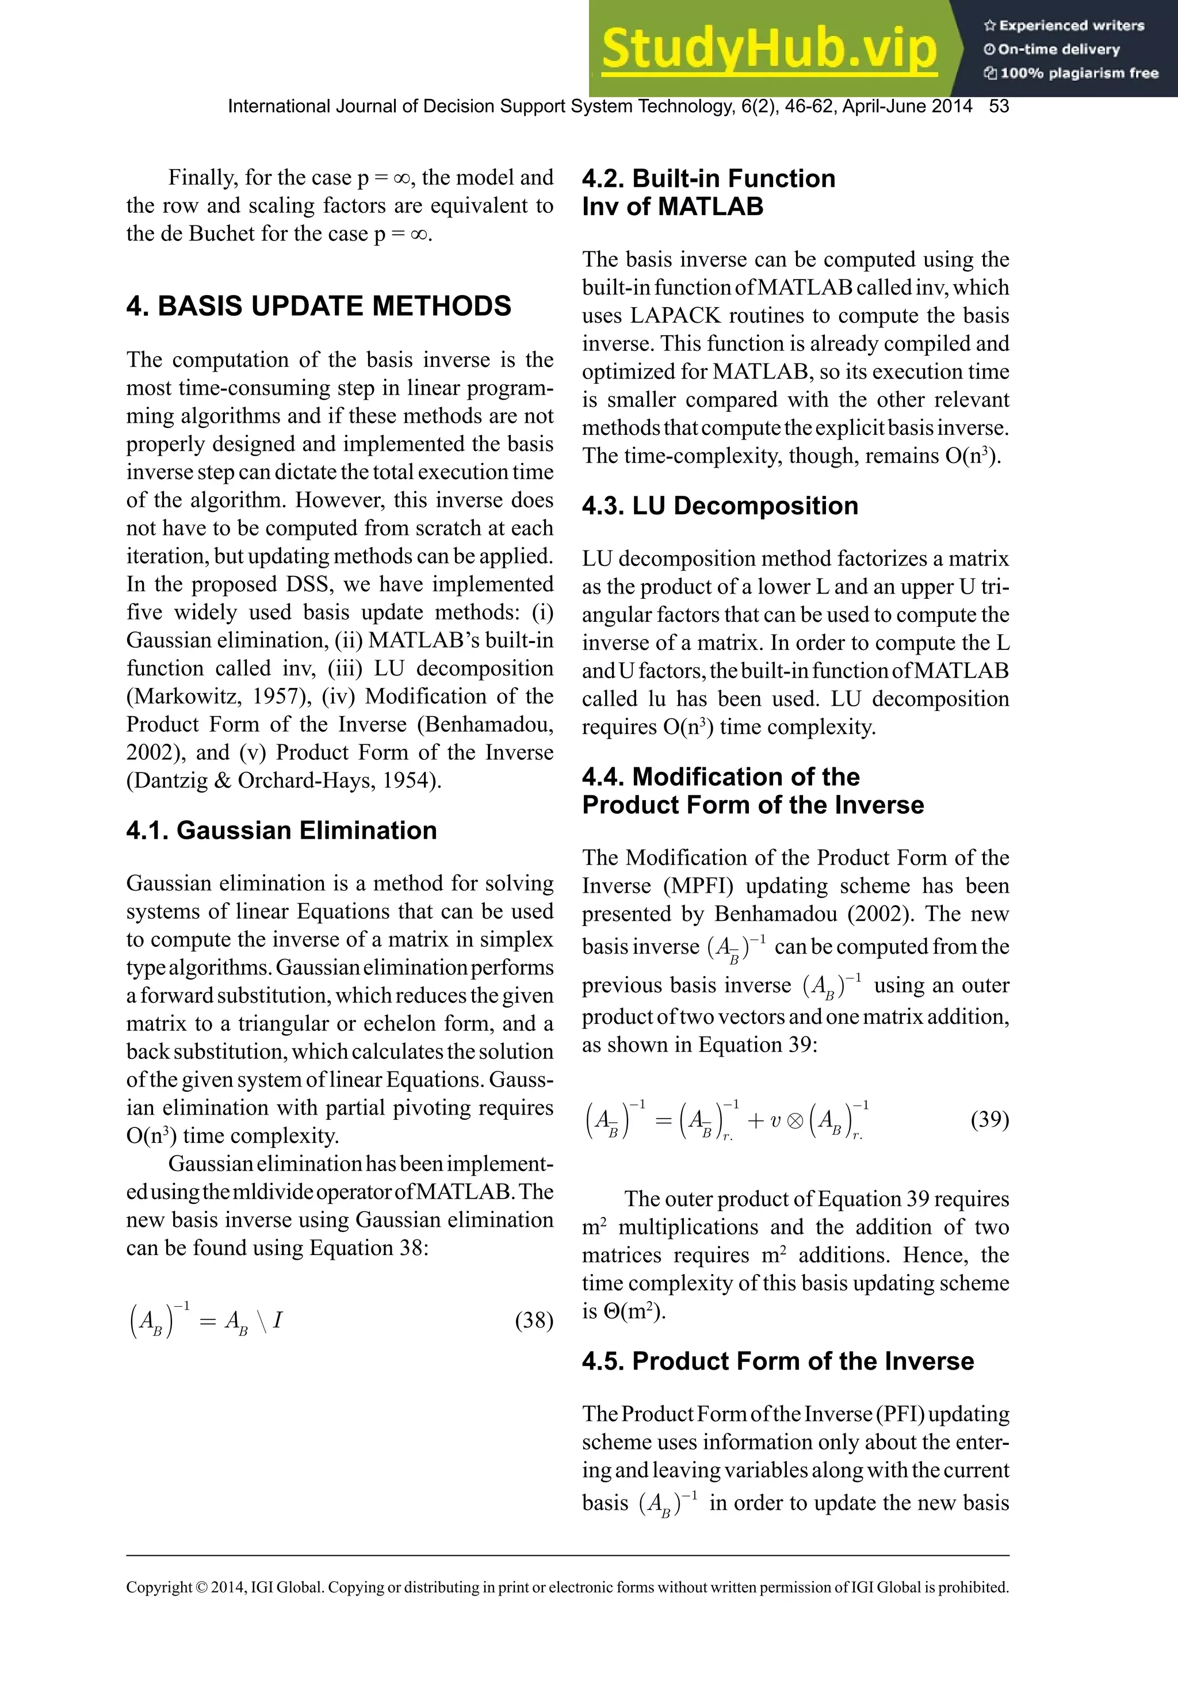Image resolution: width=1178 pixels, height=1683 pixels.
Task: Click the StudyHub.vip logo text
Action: tap(768, 48)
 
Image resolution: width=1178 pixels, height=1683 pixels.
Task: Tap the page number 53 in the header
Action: tap(999, 106)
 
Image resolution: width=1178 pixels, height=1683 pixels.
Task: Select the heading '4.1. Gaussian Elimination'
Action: tap(281, 831)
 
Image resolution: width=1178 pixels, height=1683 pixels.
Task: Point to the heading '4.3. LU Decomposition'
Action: tap(720, 506)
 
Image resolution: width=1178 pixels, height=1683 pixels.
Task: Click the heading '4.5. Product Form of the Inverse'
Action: tap(778, 1361)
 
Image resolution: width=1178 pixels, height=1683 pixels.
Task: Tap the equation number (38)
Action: tap(534, 1320)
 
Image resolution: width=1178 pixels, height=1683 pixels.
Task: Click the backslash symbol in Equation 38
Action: tap(262, 1321)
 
